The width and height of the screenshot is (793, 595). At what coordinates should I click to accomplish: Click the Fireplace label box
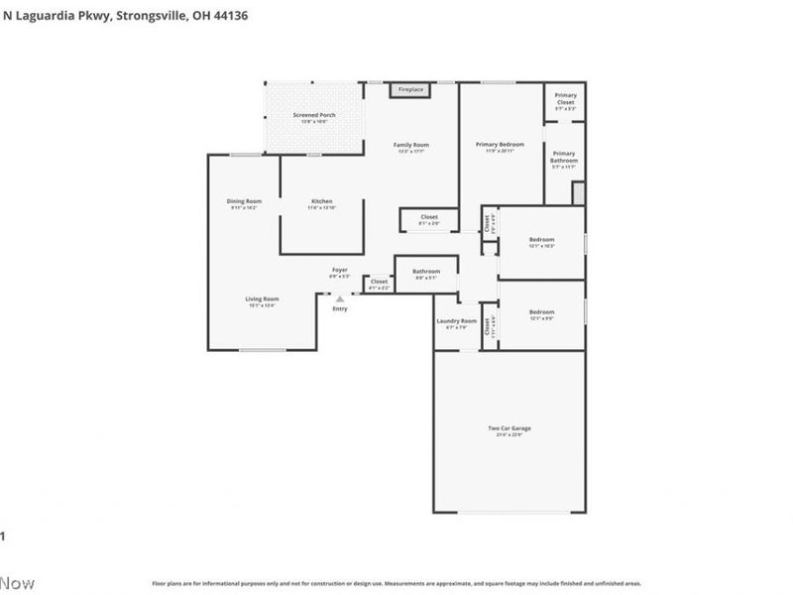(411, 90)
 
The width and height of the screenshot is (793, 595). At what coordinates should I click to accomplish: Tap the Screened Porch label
(314, 117)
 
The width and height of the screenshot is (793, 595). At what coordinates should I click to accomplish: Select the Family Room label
(412, 147)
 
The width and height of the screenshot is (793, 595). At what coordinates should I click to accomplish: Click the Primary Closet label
(565, 97)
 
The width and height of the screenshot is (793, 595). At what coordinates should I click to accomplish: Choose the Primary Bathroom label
(564, 156)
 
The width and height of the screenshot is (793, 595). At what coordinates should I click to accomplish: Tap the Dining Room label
(244, 203)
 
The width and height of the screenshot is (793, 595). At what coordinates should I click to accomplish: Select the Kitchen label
(322, 203)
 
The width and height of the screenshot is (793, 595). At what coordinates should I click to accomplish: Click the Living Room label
(263, 300)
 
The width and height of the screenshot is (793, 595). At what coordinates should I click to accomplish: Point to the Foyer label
(339, 271)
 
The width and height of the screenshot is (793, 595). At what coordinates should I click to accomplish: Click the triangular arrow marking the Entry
(340, 297)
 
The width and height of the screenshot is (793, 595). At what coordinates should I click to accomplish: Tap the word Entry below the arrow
(340, 308)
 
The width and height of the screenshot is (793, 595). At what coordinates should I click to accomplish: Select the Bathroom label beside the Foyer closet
(426, 273)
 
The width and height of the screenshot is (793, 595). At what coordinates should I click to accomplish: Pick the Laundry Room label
(457, 322)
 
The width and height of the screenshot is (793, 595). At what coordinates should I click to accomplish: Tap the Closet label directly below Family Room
(429, 218)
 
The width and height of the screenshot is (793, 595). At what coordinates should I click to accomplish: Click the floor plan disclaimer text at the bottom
(396, 584)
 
